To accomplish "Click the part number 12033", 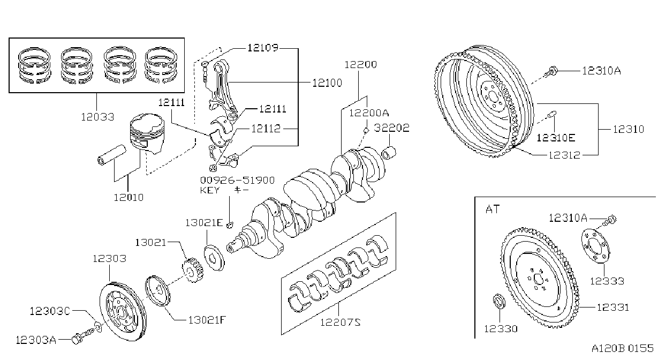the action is click(97, 117).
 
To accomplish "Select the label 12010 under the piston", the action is click(128, 198).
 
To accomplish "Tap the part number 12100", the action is click(327, 83).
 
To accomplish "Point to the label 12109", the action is click(263, 48).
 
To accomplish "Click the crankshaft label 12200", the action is click(360, 64).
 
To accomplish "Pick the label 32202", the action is click(391, 128).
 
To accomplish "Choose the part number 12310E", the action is click(556, 138).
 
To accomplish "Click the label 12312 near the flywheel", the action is click(564, 155).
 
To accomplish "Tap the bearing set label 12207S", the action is click(340, 322).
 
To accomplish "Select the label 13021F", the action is click(207, 320).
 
